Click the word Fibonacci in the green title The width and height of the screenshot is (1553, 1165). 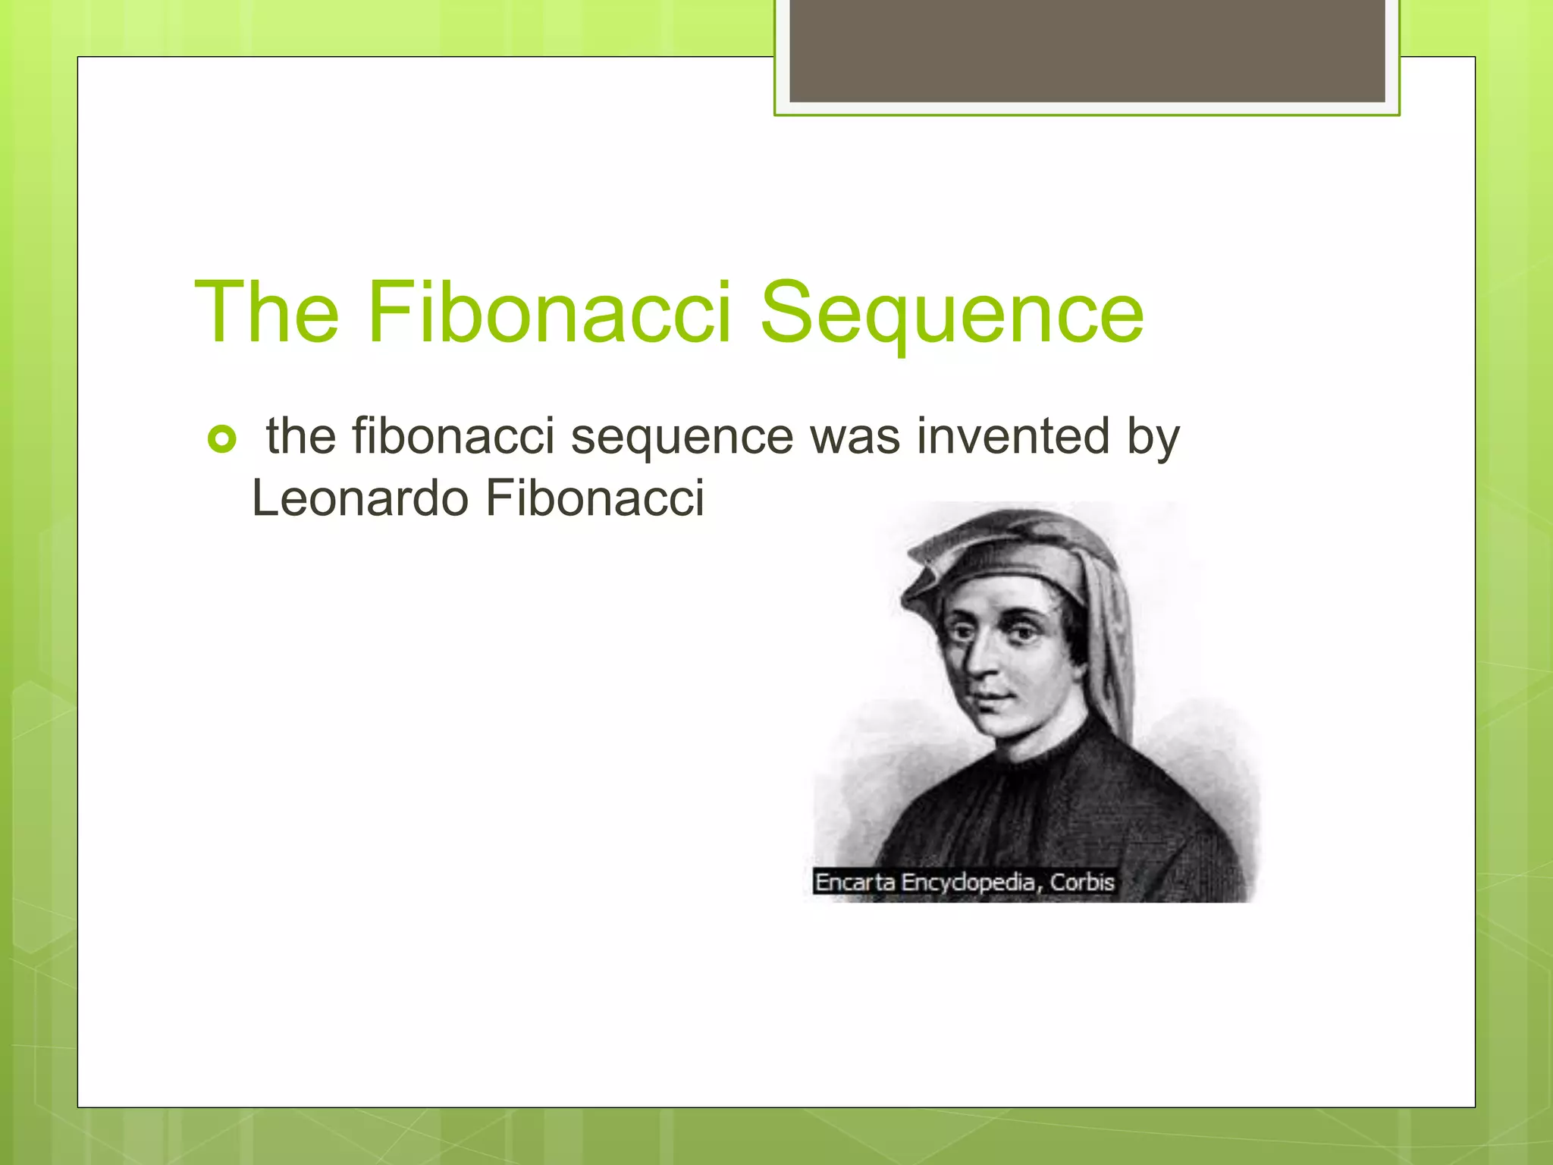tap(549, 312)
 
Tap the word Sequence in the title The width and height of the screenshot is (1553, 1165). tap(951, 313)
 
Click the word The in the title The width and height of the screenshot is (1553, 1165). tap(267, 312)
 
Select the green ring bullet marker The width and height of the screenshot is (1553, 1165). tap(221, 439)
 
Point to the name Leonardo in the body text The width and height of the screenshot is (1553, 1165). tap(360, 498)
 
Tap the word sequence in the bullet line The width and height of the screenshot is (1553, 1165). tap(682, 438)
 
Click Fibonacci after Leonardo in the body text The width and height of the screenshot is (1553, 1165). tap(595, 498)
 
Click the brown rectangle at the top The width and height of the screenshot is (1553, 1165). tap(1087, 50)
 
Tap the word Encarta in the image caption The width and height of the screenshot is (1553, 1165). tap(855, 882)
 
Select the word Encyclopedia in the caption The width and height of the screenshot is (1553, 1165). tap(968, 883)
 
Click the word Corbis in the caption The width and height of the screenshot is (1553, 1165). tap(1082, 882)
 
